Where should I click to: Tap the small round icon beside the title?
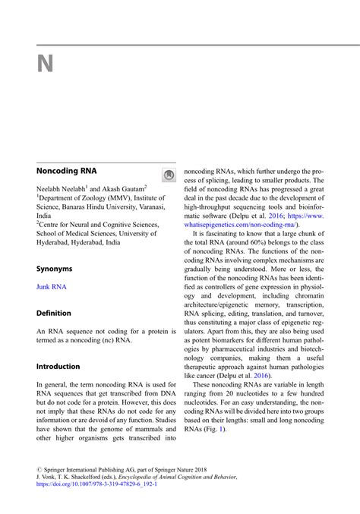(x=169, y=175)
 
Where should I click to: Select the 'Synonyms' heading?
(x=55, y=269)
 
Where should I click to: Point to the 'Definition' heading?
(x=54, y=313)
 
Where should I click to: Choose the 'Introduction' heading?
(x=58, y=366)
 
